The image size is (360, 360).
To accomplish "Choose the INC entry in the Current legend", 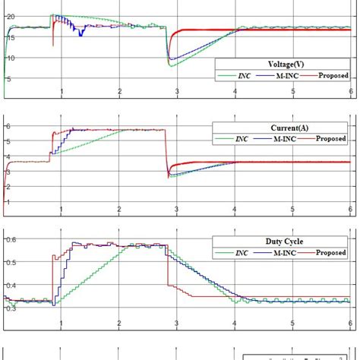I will (242, 139).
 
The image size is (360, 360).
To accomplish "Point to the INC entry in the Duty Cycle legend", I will (242, 253).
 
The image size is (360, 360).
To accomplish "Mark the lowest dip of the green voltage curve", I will (173, 66).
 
